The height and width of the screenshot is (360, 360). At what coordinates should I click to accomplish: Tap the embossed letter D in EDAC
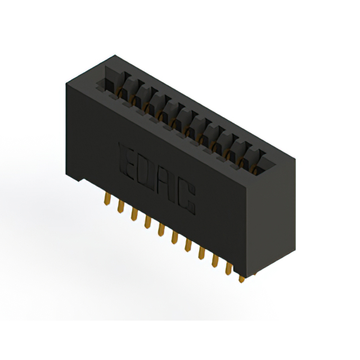tap(146, 171)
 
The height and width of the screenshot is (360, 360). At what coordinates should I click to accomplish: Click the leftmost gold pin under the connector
tap(106, 200)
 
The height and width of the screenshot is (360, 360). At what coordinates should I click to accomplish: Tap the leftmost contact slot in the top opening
tap(112, 84)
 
